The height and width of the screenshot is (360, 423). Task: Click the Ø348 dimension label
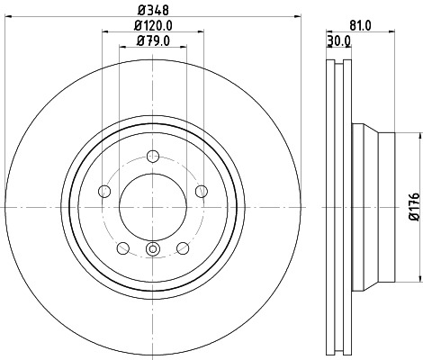point(153,10)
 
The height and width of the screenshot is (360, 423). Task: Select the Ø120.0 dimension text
point(153,25)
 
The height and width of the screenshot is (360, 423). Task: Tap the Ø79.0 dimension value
point(153,40)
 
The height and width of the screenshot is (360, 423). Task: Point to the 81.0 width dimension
point(360,25)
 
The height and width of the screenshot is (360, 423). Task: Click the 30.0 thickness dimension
point(338,40)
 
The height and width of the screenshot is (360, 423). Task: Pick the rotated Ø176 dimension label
point(415,207)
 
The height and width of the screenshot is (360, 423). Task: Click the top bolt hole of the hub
point(153,155)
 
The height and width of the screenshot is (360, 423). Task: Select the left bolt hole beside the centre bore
point(104,191)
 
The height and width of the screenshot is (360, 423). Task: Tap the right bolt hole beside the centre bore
point(202,191)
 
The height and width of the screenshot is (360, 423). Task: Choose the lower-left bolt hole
point(123,248)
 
